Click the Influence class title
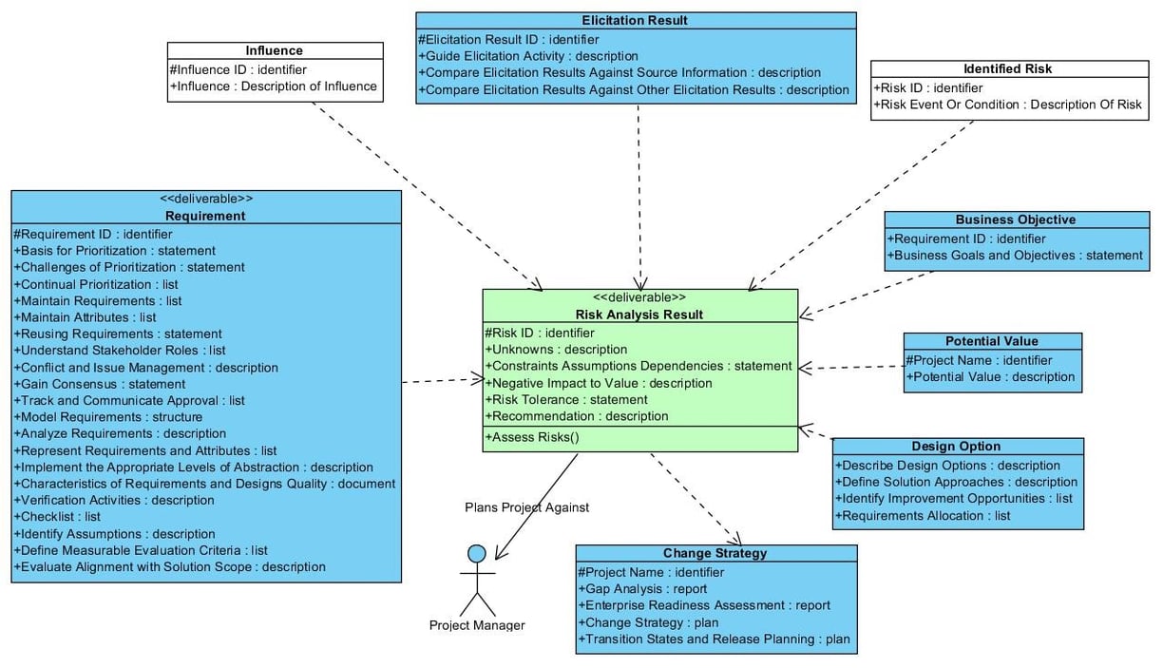pos(275,50)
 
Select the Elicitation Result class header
pos(635,20)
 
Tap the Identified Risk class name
pos(1008,68)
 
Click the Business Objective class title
pos(1016,219)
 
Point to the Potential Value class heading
pos(992,341)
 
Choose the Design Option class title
pos(956,447)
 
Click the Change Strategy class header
pos(715,553)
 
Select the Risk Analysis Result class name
pos(639,315)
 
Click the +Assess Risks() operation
pos(532,437)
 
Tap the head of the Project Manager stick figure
pos(477,554)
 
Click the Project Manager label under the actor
pos(477,625)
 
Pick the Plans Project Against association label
pos(526,507)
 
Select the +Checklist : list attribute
pos(57,517)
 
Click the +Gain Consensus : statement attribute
pos(100,384)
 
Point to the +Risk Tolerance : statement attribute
pos(566,400)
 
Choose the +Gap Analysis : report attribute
pos(642,589)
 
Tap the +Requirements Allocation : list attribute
pos(923,516)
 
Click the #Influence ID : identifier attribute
pos(238,69)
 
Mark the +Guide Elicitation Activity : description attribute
pos(528,56)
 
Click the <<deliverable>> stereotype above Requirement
pos(206,199)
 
